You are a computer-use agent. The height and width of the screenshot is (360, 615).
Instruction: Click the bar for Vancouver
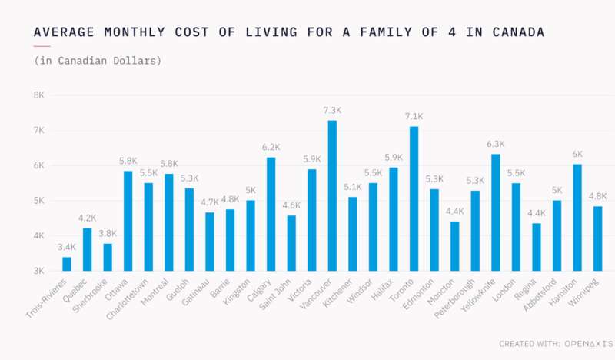332,195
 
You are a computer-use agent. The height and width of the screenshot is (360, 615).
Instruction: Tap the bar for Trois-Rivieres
67,264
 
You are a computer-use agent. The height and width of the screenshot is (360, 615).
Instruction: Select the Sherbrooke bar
108,257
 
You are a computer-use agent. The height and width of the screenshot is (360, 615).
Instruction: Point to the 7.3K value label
332,111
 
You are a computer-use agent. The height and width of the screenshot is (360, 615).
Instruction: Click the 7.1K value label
414,117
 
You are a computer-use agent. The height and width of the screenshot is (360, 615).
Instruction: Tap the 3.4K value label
67,248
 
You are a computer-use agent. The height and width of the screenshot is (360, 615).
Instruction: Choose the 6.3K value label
495,145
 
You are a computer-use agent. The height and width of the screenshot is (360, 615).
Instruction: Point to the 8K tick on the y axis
38,95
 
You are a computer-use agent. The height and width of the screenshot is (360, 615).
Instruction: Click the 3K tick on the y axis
38,271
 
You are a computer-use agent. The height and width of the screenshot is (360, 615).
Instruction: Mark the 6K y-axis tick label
38,165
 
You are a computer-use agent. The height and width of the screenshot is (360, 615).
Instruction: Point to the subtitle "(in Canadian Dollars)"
98,60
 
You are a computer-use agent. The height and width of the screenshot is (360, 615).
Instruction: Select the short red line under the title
42,46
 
